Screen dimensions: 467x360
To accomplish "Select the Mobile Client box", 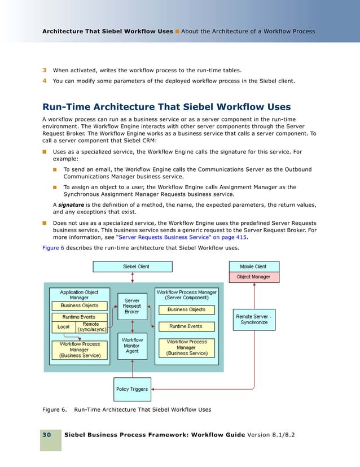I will [253, 266].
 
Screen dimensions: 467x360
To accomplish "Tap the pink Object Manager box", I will [253, 277].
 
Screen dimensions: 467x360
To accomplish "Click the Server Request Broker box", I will [132, 307].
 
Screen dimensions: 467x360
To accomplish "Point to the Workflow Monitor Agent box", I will [132, 346].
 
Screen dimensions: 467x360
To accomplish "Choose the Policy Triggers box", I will [132, 389].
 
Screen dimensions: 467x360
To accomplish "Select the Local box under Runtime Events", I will [63, 327].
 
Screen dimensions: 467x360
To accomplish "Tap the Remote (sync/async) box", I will [90, 327].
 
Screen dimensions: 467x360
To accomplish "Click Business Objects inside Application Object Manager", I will [79, 305].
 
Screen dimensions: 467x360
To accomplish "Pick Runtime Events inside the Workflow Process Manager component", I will [186, 326].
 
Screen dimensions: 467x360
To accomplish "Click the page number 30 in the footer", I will [46, 435].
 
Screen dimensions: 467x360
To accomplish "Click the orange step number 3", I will [44, 70].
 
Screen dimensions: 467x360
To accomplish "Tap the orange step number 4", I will [44, 81].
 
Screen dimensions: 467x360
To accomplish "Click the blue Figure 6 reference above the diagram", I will [54, 248].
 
